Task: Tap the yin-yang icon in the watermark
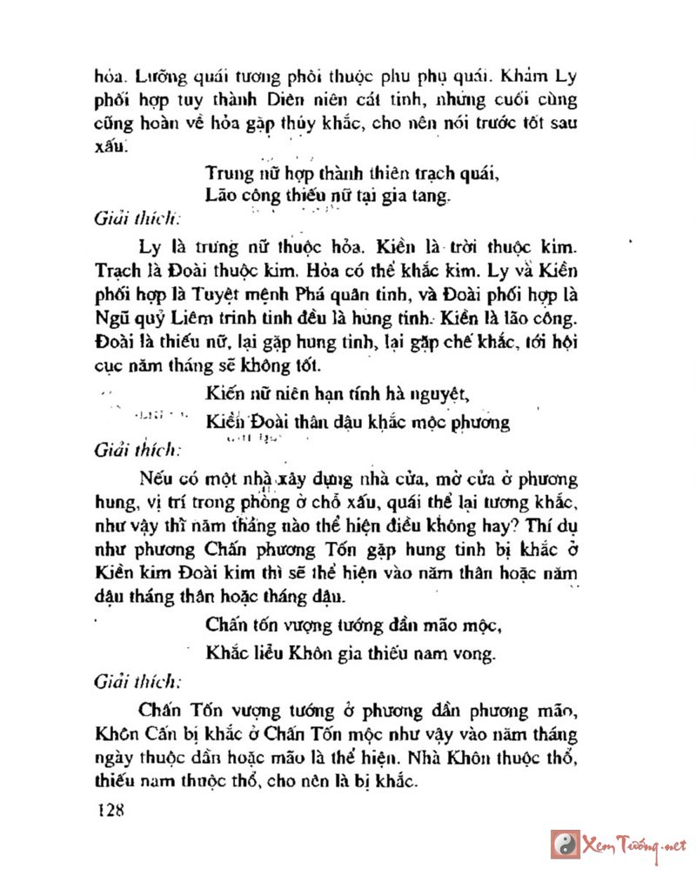(x=565, y=845)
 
